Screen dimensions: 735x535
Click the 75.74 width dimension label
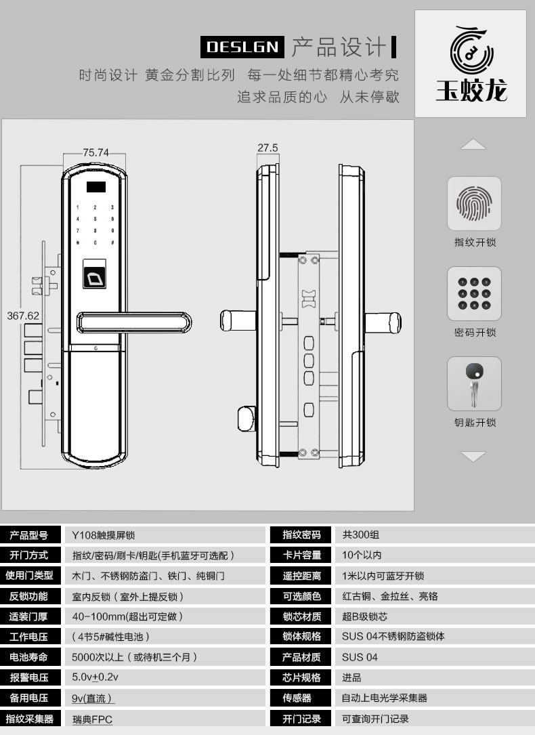[x=95, y=152]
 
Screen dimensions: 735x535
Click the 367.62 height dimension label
[x=23, y=316]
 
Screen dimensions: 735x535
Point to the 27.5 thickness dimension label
[x=268, y=148]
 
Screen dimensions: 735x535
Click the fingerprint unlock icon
[x=474, y=203]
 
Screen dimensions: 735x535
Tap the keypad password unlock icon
[x=474, y=293]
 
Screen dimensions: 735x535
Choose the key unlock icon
[x=474, y=383]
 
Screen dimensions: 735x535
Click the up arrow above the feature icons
[x=473, y=144]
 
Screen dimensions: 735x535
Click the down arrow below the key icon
[x=473, y=457]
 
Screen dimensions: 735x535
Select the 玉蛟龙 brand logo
[x=471, y=64]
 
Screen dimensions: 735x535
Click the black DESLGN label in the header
[x=242, y=46]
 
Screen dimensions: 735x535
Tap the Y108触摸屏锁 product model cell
[x=103, y=535]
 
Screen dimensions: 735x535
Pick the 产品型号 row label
[x=28, y=535]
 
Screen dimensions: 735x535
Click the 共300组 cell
[x=360, y=535]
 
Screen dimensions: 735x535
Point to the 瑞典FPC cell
[x=92, y=719]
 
